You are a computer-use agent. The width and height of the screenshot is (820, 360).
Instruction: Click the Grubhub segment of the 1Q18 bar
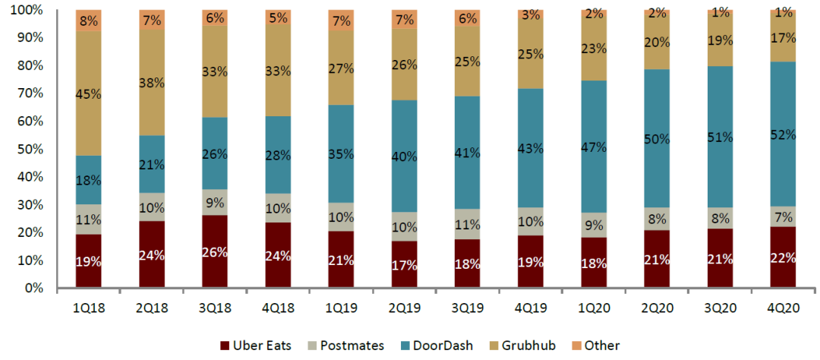(88, 94)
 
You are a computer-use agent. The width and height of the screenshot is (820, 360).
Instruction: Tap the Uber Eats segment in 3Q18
(215, 252)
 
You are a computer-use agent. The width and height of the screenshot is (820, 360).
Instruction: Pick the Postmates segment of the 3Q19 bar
(467, 224)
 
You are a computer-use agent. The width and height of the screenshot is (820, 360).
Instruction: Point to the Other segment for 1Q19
(341, 21)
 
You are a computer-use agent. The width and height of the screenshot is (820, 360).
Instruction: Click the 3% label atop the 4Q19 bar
(531, 14)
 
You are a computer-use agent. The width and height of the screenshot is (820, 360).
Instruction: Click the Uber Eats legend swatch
(225, 346)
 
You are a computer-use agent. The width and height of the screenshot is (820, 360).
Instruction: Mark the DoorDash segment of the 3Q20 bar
(720, 137)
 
